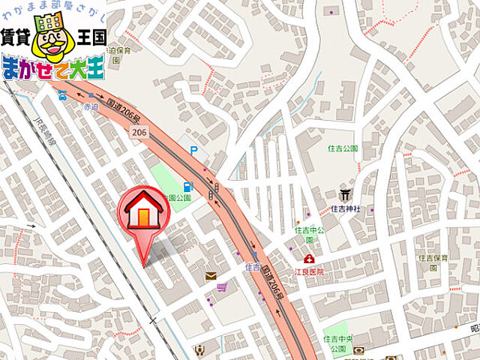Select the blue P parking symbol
195,151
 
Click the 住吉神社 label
346,208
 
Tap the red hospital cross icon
308,259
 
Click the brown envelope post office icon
211,276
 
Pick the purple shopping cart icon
222,286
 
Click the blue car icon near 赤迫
62,95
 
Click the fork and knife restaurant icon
199,349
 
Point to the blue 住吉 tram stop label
252,266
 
